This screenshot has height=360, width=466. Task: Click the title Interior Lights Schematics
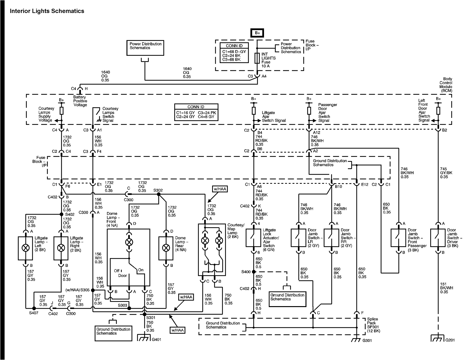pyautogui.click(x=47, y=11)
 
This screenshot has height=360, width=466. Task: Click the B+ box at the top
pyautogui.click(x=257, y=33)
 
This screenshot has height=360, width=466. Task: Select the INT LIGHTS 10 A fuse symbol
pyautogui.click(x=257, y=58)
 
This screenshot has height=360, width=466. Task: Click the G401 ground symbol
pyautogui.click(x=145, y=338)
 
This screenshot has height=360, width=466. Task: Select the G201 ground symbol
pyautogui.click(x=438, y=338)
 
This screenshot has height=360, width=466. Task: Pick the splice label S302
pyautogui.click(x=158, y=190)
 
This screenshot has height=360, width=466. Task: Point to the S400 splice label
pyautogui.click(x=246, y=272)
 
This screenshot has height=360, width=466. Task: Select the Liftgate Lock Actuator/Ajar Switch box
pyautogui.click(x=254, y=238)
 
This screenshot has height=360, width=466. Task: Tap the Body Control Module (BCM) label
pyautogui.click(x=445, y=85)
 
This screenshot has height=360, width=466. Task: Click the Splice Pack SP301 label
pyautogui.click(x=373, y=325)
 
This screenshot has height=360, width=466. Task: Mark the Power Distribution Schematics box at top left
pyautogui.click(x=146, y=48)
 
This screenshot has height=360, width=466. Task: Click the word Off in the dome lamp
pyautogui.click(x=117, y=271)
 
